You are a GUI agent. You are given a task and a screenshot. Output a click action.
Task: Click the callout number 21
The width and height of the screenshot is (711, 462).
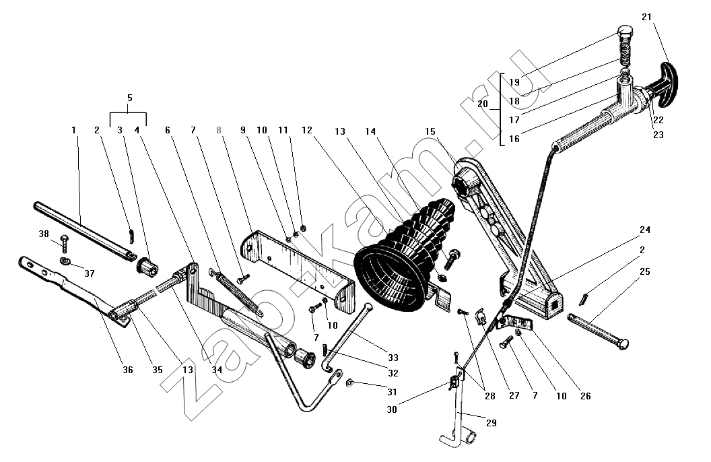[x=646, y=18]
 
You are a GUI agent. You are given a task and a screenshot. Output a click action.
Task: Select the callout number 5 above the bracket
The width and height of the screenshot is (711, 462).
[x=130, y=98]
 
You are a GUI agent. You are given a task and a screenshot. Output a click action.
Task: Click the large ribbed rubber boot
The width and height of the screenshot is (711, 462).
[x=403, y=256]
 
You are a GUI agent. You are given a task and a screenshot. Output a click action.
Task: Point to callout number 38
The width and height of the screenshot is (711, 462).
[x=44, y=234]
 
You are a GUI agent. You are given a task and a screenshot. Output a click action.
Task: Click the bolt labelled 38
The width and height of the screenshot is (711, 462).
[x=63, y=244]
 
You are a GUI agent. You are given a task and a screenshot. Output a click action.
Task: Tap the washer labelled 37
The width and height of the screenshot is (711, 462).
[x=65, y=261]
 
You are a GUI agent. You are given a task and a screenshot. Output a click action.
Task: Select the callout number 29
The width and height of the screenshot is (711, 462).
[x=491, y=423]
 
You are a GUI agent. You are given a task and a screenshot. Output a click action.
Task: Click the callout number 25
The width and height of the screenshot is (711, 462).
[x=644, y=271]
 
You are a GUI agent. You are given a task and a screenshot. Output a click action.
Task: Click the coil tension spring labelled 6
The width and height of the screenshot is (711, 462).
[x=236, y=292]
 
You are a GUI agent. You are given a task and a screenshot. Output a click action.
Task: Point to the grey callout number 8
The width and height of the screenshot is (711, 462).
[x=219, y=131]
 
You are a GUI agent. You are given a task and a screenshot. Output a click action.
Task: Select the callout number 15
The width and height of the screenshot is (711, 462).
[x=430, y=131]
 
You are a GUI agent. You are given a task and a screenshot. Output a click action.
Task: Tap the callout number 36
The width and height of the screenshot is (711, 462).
[x=128, y=370]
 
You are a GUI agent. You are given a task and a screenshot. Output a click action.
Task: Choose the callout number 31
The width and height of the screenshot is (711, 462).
[x=392, y=392]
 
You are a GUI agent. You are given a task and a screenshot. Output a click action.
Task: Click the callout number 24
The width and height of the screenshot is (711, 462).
[x=645, y=230]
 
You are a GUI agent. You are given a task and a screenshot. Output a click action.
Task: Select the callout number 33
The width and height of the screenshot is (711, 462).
[x=393, y=358]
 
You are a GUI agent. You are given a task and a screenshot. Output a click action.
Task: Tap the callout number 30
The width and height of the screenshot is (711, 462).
[x=392, y=409]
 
